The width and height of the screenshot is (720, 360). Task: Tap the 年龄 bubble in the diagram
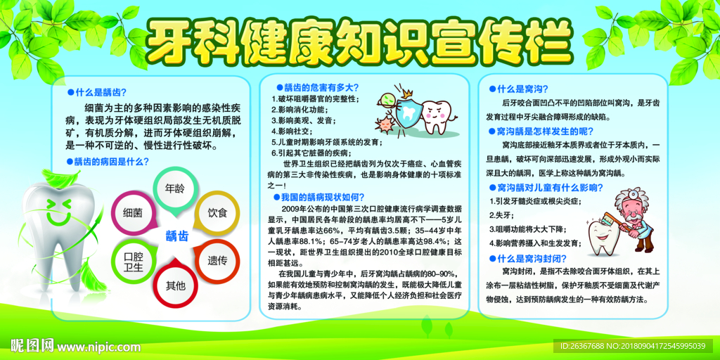[x=175, y=188]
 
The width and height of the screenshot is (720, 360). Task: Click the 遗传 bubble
[x=217, y=259]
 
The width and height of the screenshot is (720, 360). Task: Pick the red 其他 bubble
[x=175, y=285]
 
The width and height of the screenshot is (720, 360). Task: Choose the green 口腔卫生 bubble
[x=133, y=261]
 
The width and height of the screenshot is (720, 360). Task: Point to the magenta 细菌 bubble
[x=133, y=212]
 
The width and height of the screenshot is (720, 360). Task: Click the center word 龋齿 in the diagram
[x=176, y=236]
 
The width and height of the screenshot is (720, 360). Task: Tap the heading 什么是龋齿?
[x=98, y=92]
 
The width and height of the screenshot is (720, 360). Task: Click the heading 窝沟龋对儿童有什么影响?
[x=548, y=187]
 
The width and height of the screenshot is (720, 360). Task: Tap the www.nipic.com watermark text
[x=98, y=347]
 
